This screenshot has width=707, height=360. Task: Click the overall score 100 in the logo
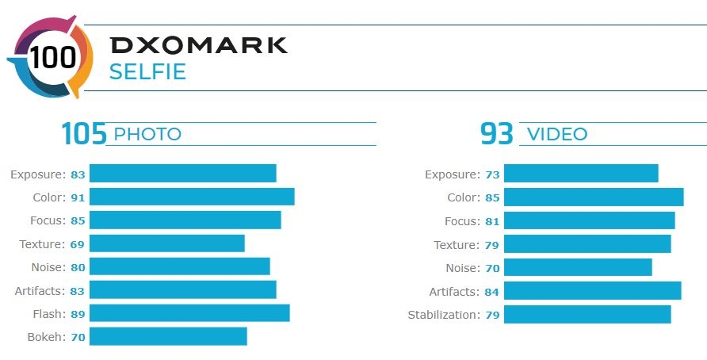click(53, 58)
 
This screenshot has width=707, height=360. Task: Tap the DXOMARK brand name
click(199, 45)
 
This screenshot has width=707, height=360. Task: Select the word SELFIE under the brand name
click(147, 72)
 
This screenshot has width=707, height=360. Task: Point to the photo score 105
click(84, 133)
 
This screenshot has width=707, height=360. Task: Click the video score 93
click(497, 133)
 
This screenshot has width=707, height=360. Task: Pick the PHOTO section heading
click(147, 135)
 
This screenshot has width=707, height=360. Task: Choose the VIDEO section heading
click(557, 135)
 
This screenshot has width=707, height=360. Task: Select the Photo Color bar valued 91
click(192, 197)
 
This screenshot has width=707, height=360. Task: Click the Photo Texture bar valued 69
click(166, 243)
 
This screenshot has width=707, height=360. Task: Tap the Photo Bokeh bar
click(168, 336)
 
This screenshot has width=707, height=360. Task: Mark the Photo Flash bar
click(189, 313)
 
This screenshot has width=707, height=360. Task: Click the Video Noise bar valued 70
click(578, 267)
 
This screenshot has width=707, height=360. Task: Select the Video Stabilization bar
click(587, 315)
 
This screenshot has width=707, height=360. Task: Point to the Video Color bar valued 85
click(594, 197)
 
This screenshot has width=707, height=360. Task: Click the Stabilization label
click(444, 315)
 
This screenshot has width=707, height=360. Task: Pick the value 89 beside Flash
click(78, 314)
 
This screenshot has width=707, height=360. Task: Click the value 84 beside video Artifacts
click(491, 292)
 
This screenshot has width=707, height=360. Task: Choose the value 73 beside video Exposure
click(492, 174)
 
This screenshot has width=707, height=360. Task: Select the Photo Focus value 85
click(78, 220)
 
